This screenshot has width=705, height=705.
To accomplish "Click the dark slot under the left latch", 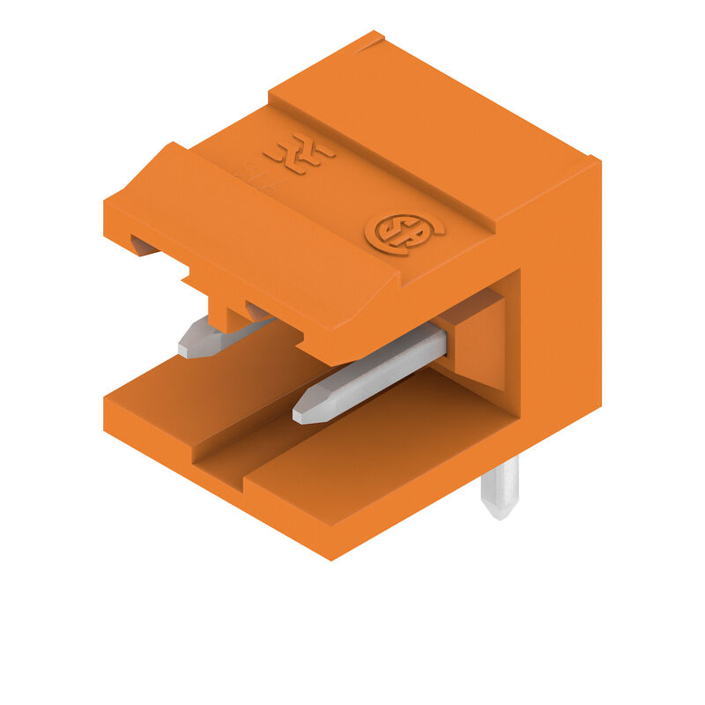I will (143, 245).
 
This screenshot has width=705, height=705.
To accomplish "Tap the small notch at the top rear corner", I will (372, 39).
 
